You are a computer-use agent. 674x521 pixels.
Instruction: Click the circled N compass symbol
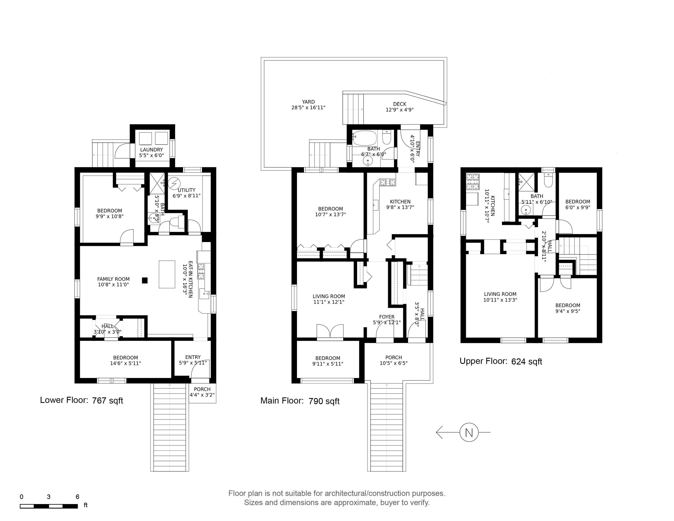(x=469, y=432)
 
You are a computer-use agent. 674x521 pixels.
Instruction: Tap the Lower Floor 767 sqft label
(x=81, y=400)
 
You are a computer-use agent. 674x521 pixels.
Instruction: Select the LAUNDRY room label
(x=151, y=152)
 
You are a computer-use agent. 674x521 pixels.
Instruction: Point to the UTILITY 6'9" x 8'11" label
(x=186, y=193)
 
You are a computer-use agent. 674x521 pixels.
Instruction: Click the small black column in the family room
(x=144, y=280)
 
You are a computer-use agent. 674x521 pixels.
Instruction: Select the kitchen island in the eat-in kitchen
(x=167, y=274)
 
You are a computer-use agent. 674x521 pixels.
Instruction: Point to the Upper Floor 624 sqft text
(x=501, y=361)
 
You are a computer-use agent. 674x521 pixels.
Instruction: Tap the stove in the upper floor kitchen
(x=473, y=182)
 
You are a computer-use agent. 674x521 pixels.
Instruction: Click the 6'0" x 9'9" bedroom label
(x=578, y=204)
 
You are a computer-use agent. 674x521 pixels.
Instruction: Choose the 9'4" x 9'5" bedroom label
(x=568, y=308)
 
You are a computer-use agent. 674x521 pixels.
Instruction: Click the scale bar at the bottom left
(x=49, y=506)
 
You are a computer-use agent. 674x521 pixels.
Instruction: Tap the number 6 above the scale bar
(x=78, y=497)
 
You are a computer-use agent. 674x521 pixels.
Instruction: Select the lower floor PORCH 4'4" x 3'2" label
(x=202, y=392)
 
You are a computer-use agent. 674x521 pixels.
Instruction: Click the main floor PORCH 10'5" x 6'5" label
(x=393, y=360)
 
